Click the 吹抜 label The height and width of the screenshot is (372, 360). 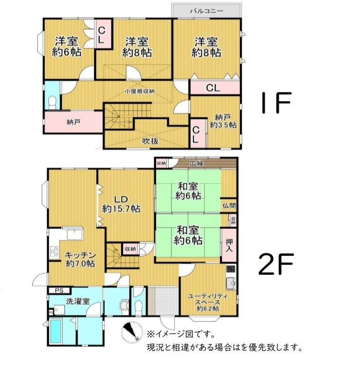(151, 141)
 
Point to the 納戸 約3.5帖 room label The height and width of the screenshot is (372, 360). (225, 121)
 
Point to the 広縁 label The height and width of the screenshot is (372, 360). (196, 163)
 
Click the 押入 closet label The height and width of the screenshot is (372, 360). (229, 245)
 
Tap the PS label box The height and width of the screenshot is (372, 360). (59, 290)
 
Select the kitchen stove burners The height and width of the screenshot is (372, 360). (54, 252)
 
